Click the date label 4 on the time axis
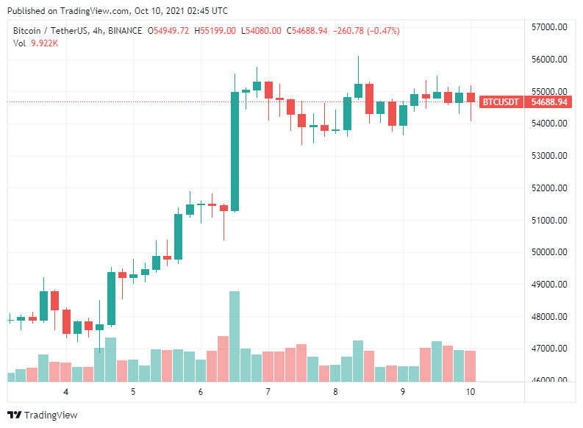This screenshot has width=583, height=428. click(66, 392)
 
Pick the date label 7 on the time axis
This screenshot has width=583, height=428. click(268, 392)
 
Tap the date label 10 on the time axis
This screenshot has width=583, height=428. click(471, 392)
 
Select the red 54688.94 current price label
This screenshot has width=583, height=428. click(549, 101)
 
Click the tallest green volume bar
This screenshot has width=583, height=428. click(235, 336)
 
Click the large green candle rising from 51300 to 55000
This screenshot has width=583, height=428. click(235, 151)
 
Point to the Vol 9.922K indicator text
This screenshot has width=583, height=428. click(36, 43)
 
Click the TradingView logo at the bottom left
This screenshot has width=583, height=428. click(42, 415)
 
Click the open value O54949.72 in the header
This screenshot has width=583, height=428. click(168, 30)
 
